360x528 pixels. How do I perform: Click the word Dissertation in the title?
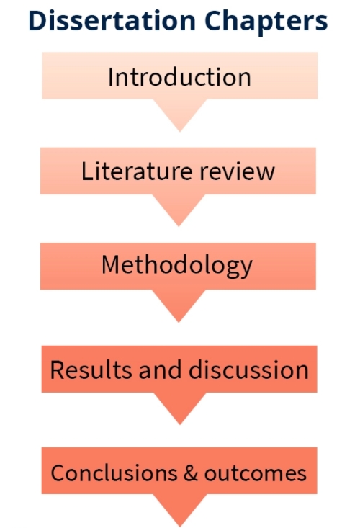coord(112,21)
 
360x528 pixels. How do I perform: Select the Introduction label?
coord(179,77)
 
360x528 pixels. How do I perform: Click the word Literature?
coord(137,171)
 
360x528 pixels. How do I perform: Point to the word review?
coord(238,171)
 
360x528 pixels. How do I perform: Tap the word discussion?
coord(248,369)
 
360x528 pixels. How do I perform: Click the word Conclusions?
coord(114,473)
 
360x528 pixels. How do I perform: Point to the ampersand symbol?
coord(191,473)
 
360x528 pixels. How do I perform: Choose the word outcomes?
coord(256,474)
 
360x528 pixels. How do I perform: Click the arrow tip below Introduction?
coord(180,131)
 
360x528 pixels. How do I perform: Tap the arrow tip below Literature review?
coord(179,226)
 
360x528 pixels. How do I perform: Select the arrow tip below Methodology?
coord(179,322)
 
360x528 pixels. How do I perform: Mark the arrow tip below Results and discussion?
coord(180,424)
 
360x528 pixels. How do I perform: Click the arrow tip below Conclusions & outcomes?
coord(180,527)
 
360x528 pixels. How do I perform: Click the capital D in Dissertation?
coord(37,21)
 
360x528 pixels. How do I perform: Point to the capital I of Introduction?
coord(110,77)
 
